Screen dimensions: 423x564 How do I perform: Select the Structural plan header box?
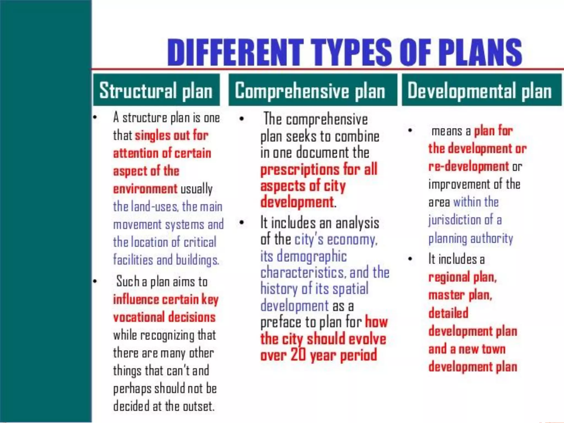point(156,90)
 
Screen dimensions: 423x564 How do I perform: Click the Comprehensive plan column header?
point(313,90)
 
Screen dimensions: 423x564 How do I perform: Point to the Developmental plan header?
point(481,90)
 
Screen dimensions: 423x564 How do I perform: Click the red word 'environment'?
point(145,189)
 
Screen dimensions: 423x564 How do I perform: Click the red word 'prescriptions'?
point(300,170)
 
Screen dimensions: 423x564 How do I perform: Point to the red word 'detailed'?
point(448,313)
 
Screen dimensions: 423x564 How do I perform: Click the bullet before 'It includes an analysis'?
point(242,223)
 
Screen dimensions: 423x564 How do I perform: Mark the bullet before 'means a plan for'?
point(410,130)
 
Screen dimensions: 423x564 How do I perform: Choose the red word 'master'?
point(446,295)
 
